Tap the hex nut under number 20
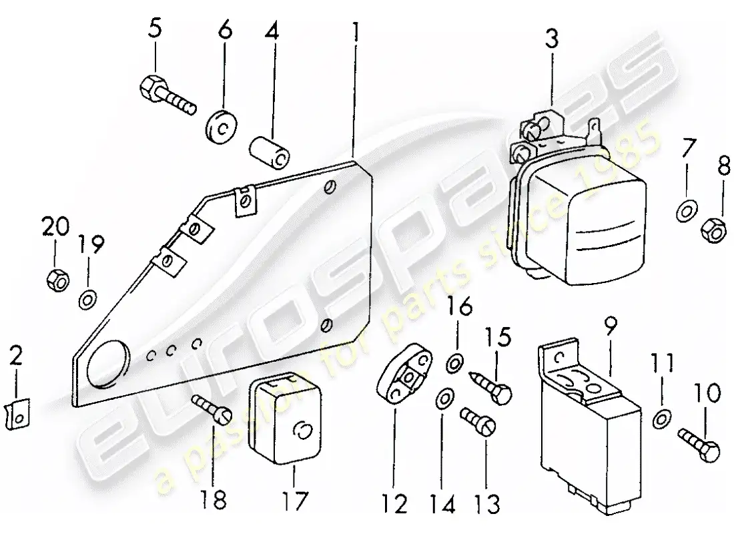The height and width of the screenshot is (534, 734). pyautogui.click(x=56, y=280)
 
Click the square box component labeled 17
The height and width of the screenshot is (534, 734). pyautogui.click(x=285, y=415)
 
